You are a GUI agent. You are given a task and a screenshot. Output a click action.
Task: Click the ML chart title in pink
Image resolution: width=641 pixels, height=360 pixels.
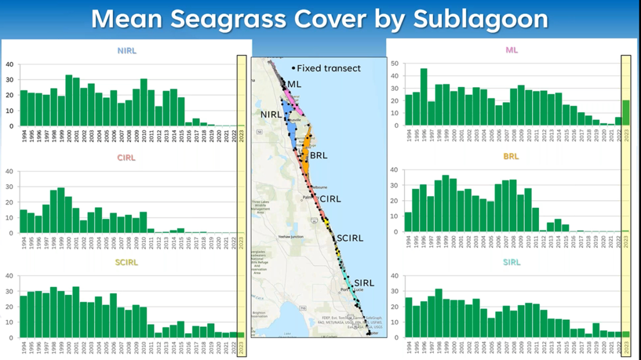512,50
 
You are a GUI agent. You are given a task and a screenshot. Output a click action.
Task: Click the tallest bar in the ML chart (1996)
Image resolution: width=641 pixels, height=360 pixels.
424,97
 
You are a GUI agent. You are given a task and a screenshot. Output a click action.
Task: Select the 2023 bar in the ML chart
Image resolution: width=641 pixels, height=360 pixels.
626,113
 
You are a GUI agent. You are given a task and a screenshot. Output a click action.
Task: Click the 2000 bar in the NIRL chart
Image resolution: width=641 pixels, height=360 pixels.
69,101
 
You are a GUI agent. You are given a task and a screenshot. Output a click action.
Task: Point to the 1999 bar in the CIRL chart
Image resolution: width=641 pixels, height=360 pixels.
61,210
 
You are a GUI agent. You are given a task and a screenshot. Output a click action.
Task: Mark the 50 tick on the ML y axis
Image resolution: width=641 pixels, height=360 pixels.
395,64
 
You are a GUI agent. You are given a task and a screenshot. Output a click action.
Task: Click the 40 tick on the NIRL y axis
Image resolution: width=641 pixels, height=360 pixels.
9,64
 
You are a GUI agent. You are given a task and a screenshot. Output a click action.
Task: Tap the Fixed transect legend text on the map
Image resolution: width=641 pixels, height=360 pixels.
329,68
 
